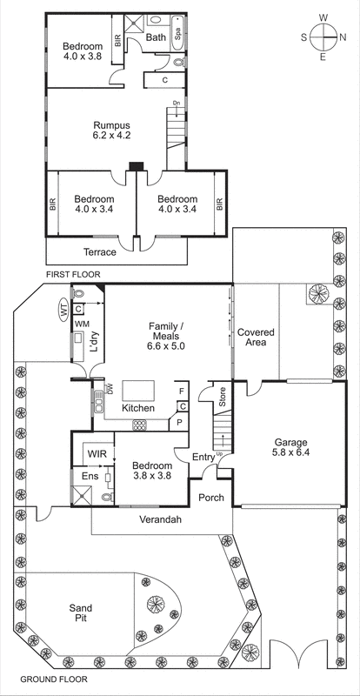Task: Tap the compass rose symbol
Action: point(323,37)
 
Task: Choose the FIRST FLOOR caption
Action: point(73,275)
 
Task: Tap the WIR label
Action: point(95,452)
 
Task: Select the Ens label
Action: point(89,476)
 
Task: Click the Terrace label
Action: point(100,251)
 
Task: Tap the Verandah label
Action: point(161,520)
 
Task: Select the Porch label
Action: point(211,498)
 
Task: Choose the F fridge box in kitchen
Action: point(180,391)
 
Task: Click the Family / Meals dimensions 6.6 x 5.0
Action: point(165,345)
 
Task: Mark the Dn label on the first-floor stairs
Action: point(176,104)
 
